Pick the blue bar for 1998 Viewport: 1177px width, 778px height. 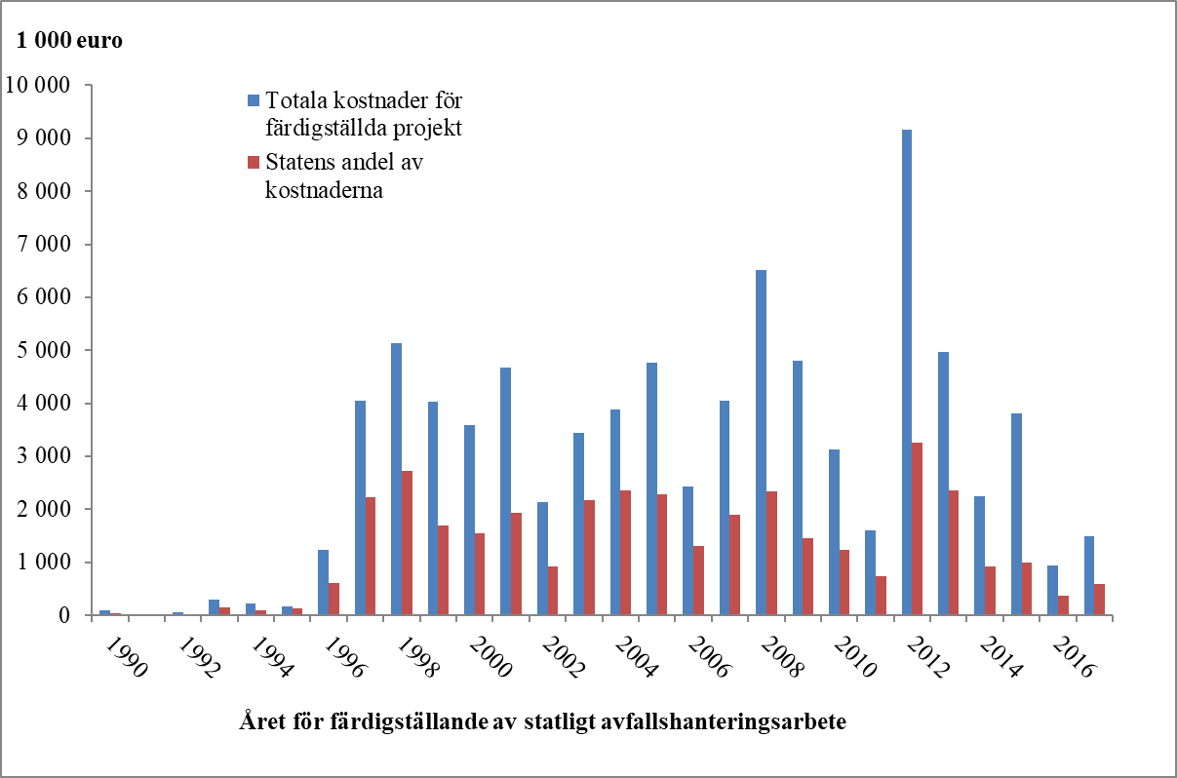[396, 479]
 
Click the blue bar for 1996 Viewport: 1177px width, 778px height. [323, 582]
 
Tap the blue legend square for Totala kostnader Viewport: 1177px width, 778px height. [254, 100]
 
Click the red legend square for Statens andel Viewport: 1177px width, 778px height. [254, 162]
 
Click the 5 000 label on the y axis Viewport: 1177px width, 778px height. [46, 350]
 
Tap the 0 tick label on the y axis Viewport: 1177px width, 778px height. [63, 615]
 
